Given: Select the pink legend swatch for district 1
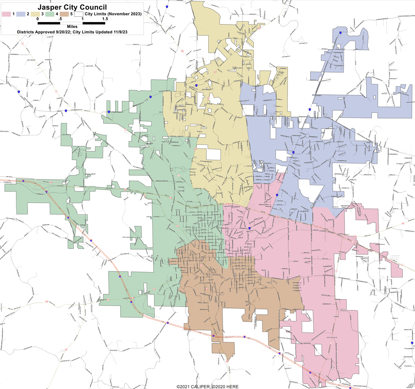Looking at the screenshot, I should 6,14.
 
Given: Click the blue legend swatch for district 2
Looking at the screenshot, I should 21,14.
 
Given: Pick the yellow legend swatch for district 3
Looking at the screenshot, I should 35,14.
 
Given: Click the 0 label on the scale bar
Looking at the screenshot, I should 38,19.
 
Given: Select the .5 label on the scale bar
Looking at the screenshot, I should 60,19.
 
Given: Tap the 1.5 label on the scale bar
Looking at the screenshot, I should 105,19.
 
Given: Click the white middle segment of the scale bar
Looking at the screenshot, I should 71,23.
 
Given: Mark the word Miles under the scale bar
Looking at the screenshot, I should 72,27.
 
